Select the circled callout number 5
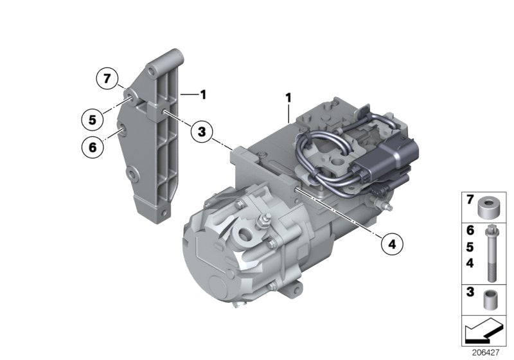pos(93,119)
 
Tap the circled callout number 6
pos(93,147)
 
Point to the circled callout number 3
pos(202,132)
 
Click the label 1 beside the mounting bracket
pos(202,95)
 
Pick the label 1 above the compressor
pos(289,98)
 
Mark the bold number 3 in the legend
pos(470,292)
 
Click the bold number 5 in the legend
pos(470,247)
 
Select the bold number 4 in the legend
pos(470,263)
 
